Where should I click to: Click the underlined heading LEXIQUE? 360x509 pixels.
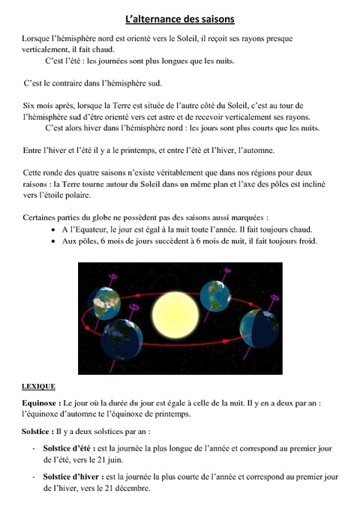coord(38,387)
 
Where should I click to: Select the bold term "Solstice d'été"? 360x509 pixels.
coord(68,447)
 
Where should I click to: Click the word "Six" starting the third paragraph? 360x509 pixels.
coord(30,107)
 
